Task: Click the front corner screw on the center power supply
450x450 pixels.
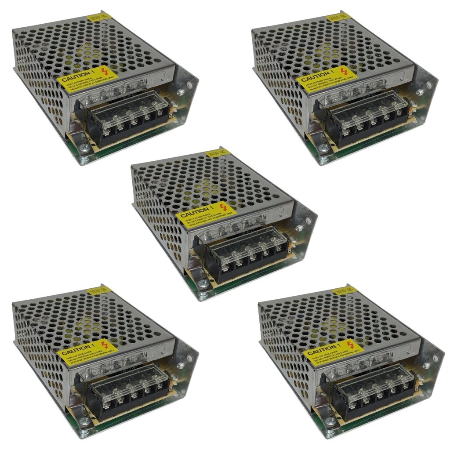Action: (203, 284)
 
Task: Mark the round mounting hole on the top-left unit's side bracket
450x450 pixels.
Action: (180, 92)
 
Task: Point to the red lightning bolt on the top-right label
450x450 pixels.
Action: (344, 70)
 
